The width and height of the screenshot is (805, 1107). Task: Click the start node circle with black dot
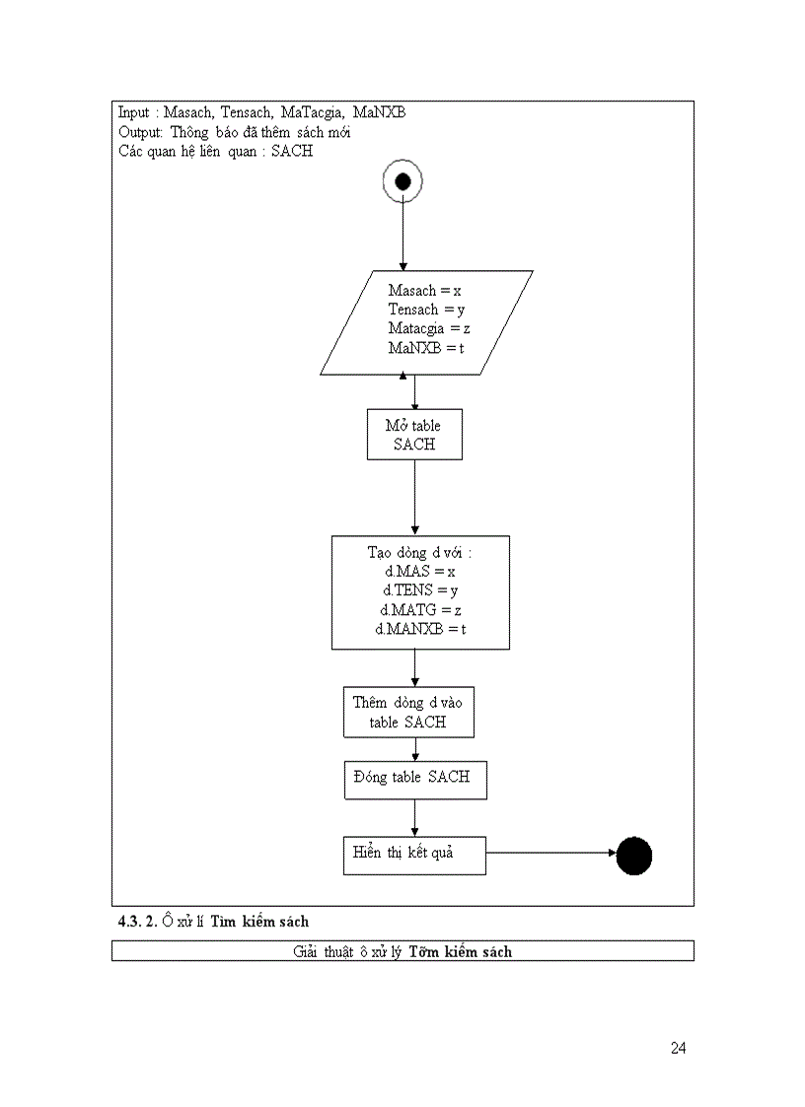point(402,181)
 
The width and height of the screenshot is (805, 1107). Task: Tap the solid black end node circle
point(634,856)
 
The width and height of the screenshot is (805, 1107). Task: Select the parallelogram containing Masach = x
point(426,322)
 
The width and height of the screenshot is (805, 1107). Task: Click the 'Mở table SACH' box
point(414,435)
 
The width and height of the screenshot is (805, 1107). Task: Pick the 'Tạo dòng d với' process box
point(420,592)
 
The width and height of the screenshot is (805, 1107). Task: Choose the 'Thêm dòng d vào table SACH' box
point(408,712)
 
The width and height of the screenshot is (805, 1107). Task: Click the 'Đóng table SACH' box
point(414,779)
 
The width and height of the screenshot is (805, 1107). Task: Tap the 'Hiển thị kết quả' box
point(414,854)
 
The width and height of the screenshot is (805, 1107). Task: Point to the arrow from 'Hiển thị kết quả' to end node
point(550,854)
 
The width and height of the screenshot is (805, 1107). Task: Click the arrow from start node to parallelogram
point(402,237)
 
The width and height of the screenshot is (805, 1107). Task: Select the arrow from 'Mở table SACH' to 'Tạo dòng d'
point(414,498)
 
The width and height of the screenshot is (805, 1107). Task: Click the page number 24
point(678,1048)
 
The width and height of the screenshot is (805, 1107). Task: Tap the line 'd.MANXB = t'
point(420,629)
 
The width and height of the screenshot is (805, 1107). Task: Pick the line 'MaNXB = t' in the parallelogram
point(426,349)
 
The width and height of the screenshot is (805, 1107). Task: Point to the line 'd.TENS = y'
point(420,590)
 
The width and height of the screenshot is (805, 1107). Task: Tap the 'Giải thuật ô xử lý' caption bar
point(402,951)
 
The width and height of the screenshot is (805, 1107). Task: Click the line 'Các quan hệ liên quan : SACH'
point(215,152)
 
